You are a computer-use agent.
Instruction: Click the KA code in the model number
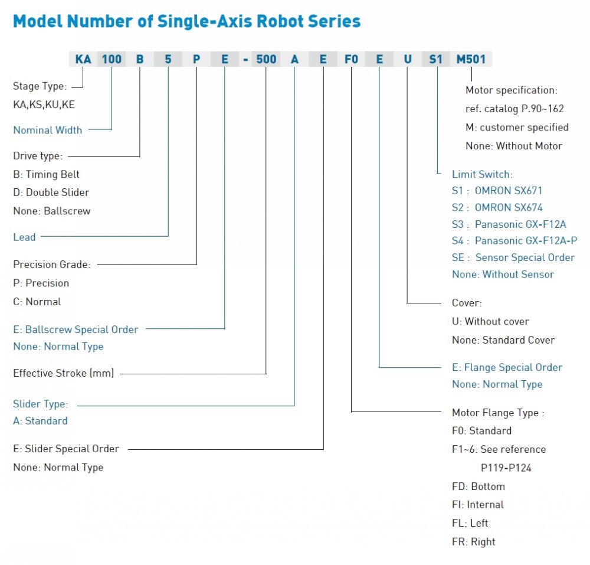[x=83, y=59]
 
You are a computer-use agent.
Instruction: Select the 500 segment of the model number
[x=266, y=59]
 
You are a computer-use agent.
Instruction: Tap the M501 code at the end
[x=471, y=59]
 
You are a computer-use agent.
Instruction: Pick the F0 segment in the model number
[x=351, y=59]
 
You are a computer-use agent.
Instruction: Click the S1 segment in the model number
[x=436, y=59]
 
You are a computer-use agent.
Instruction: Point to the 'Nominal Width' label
[x=47, y=130]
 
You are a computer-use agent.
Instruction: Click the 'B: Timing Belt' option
[x=46, y=174]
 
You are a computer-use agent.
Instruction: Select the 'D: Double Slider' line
[x=51, y=192]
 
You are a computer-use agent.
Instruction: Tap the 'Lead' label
[x=24, y=237]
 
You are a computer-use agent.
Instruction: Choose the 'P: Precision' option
[x=41, y=283]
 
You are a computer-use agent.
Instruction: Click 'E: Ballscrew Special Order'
[x=76, y=329]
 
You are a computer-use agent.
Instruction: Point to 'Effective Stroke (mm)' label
[x=64, y=373]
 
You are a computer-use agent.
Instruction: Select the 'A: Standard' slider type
[x=40, y=421]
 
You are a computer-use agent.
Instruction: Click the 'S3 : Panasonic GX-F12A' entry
[x=509, y=224]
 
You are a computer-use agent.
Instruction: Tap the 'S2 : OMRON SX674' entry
[x=497, y=207]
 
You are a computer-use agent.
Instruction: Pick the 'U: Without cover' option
[x=490, y=321]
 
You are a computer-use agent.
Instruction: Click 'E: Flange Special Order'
[x=507, y=367]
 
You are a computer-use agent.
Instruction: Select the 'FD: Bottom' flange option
[x=478, y=486]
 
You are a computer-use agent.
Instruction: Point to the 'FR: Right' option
[x=473, y=541]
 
